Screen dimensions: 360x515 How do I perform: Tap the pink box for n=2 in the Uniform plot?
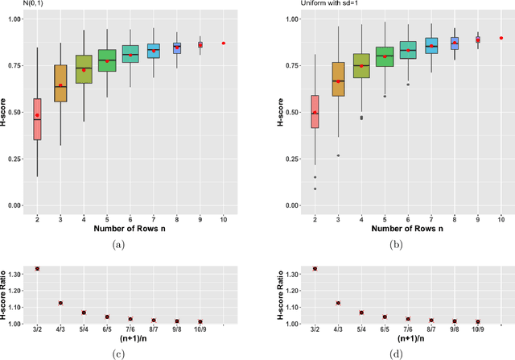click(x=291, y=111)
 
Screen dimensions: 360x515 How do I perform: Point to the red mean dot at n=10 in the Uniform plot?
click(x=501, y=38)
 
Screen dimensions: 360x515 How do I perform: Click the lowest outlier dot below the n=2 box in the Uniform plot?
click(x=291, y=189)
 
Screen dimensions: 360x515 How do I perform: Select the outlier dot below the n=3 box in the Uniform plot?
click(x=315, y=155)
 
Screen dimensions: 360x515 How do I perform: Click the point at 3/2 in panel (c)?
click(x=37, y=268)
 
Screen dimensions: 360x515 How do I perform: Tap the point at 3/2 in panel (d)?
click(x=291, y=268)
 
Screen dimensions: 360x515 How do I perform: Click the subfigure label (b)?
click(x=395, y=243)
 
